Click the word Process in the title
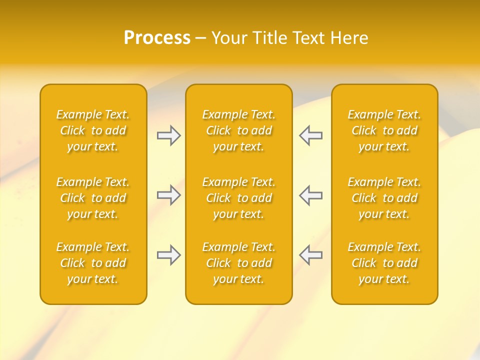(157, 38)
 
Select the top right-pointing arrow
(168, 135)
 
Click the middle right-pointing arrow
(168, 195)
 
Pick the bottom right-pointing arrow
(168, 255)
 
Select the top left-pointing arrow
(311, 135)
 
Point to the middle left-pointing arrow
(311, 195)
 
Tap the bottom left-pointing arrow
(311, 255)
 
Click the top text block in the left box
(93, 130)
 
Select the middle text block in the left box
(93, 198)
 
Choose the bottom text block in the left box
(93, 263)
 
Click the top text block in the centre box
(238, 130)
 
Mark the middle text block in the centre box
(238, 198)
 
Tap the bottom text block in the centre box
(238, 263)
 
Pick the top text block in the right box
(384, 130)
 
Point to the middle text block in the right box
(384, 198)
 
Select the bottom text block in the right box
(384, 263)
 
